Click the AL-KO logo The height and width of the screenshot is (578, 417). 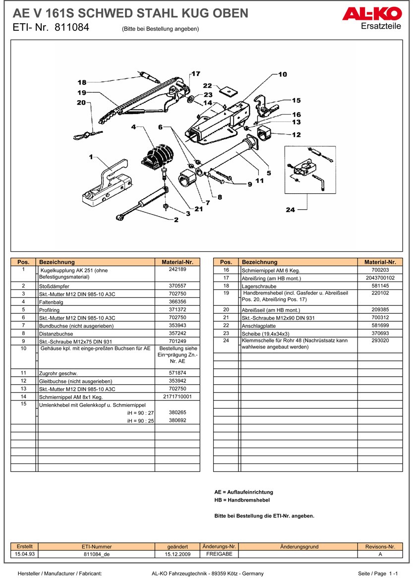point(371,14)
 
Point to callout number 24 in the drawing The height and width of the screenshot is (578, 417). point(291,210)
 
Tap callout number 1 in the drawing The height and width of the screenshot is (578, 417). point(91,157)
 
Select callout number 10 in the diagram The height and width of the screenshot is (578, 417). point(282,74)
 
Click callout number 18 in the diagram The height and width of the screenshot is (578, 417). point(82,82)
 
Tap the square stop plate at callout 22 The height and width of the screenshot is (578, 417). point(229,92)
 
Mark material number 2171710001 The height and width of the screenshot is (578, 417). point(177,397)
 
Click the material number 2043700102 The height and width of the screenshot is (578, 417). point(380,278)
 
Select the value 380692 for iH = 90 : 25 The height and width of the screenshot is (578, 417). point(177,420)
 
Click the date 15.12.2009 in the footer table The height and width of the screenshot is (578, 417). point(177,554)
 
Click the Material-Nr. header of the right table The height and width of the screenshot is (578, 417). point(380,262)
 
